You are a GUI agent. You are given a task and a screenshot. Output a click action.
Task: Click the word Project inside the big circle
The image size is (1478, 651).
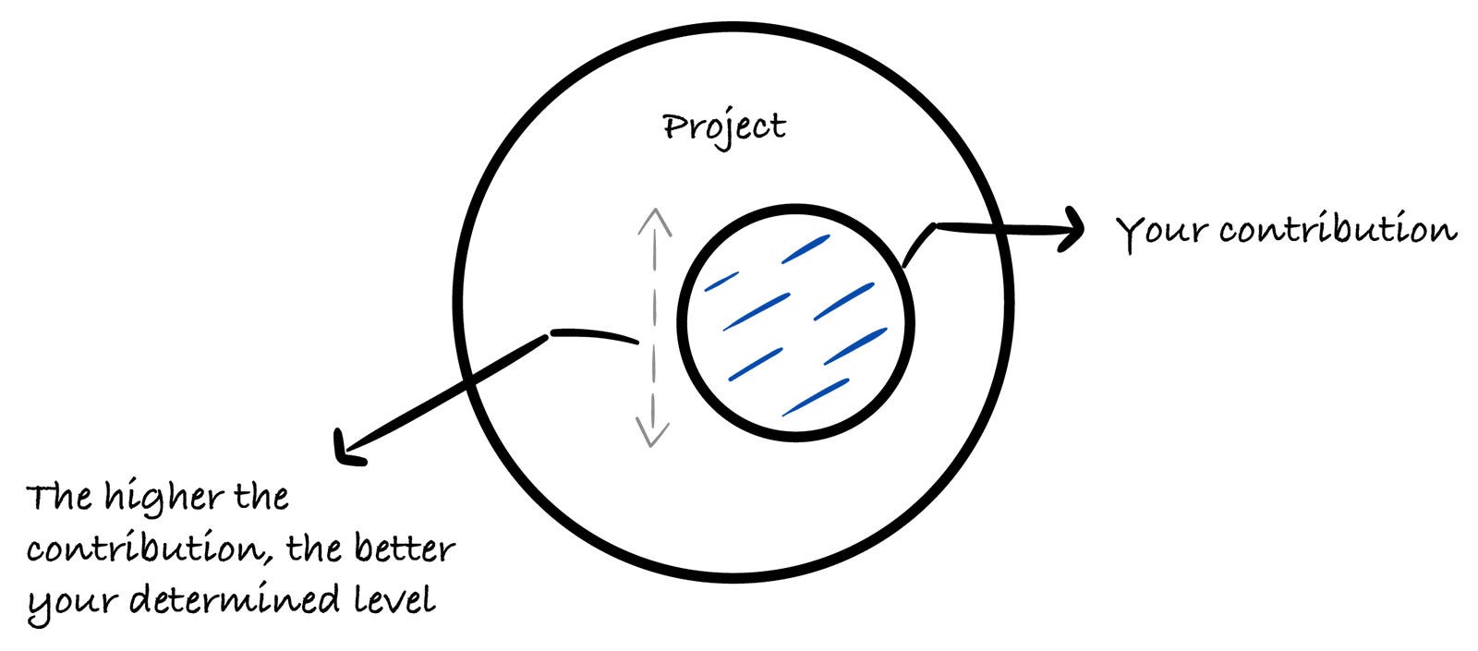click(724, 128)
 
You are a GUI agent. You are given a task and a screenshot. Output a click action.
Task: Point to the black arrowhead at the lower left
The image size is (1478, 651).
click(348, 449)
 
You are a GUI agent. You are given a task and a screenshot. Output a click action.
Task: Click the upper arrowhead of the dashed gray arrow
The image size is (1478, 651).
click(655, 222)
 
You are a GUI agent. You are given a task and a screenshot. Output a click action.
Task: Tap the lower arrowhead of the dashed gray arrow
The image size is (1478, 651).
click(652, 432)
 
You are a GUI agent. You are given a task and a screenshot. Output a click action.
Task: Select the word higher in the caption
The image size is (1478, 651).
click(164, 497)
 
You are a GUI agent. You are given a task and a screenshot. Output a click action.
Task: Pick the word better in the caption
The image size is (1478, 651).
click(405, 548)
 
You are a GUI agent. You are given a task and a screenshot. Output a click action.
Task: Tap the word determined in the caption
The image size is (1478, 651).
click(235, 599)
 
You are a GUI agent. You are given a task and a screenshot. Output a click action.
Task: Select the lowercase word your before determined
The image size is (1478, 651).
click(73, 604)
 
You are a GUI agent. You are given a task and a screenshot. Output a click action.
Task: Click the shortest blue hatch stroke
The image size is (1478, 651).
click(721, 282)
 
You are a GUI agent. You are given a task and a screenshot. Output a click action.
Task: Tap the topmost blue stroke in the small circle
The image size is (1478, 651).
click(806, 249)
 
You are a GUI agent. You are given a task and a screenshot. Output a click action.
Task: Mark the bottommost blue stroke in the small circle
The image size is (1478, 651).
click(816, 397)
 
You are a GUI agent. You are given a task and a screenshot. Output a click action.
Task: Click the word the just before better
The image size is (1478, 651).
click(314, 548)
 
